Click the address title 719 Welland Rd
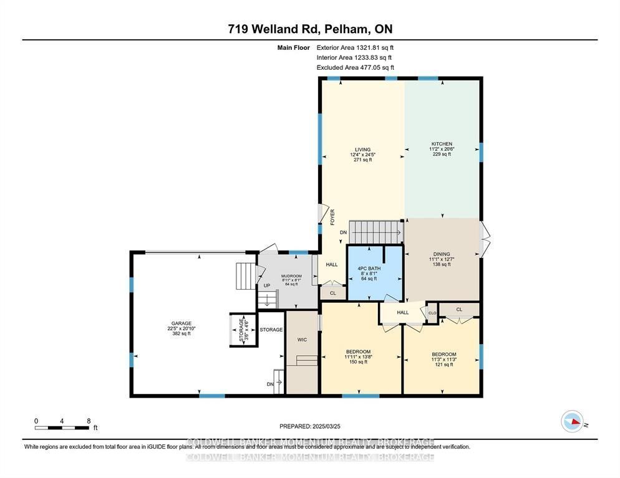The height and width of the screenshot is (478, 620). (x=310, y=29)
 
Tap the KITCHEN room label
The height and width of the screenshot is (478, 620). (x=442, y=150)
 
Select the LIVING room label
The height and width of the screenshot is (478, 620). (x=363, y=155)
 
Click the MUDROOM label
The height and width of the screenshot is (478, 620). (x=291, y=280)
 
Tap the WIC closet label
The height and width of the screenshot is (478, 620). (x=302, y=340)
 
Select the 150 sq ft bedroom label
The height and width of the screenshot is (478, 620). (x=358, y=356)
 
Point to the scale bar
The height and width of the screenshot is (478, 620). (x=62, y=428)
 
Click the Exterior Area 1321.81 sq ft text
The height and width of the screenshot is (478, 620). (x=355, y=47)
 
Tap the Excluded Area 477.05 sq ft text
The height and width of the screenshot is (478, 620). (x=355, y=67)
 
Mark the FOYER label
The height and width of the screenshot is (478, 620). (x=332, y=216)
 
